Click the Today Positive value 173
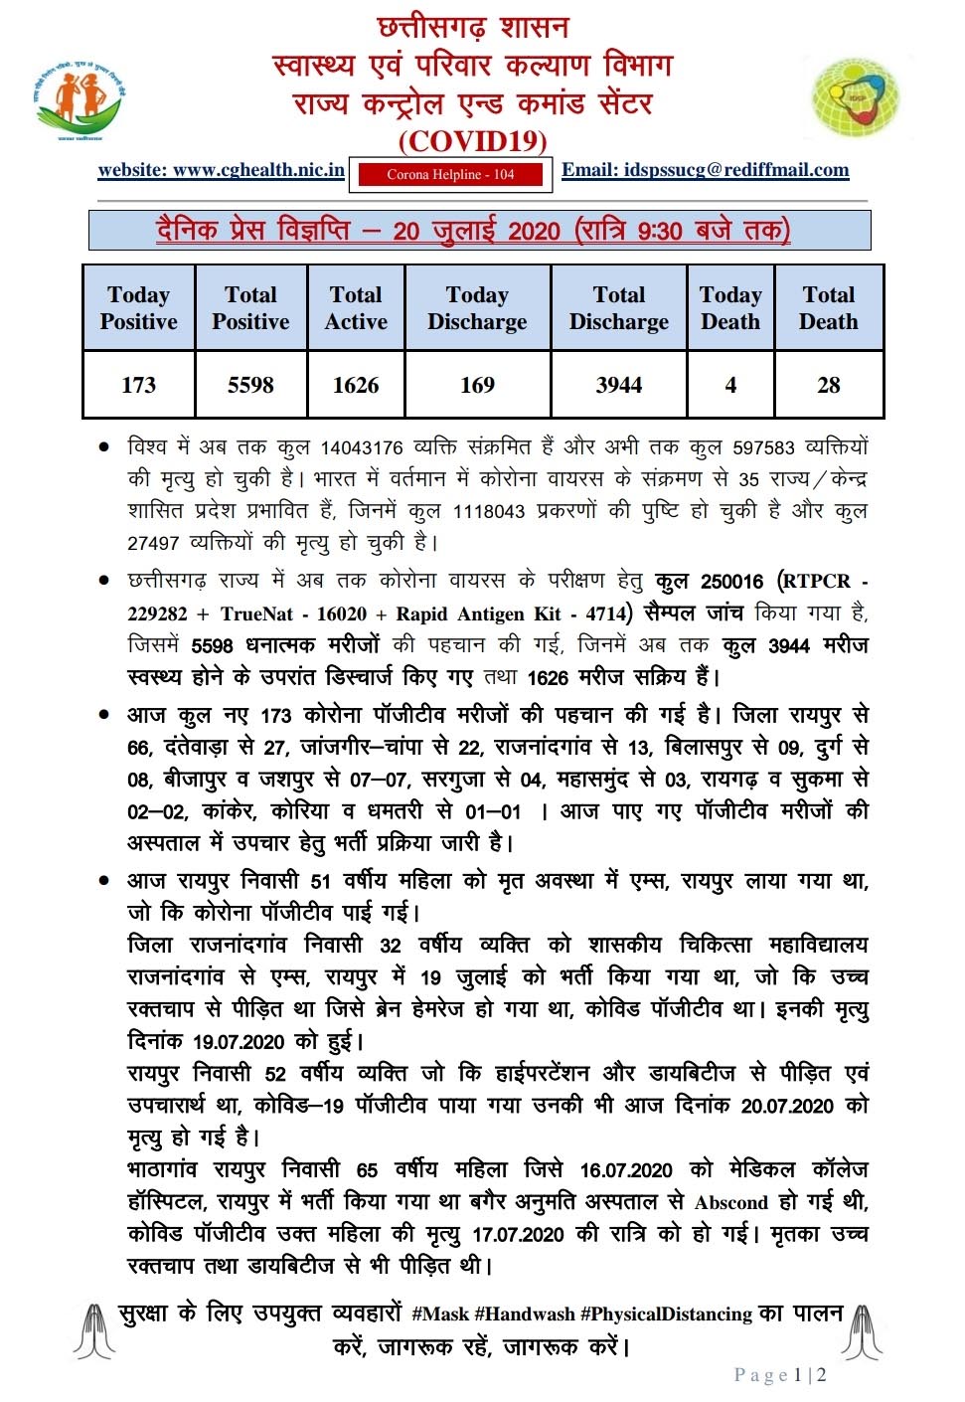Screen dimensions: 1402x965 (138, 385)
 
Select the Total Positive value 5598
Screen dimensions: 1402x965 (250, 385)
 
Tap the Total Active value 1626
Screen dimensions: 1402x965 (356, 385)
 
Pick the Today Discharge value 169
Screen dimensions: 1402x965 (477, 385)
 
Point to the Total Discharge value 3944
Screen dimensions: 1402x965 (618, 385)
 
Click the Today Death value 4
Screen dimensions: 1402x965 (730, 385)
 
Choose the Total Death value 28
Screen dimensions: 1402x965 (829, 385)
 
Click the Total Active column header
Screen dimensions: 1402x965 (356, 308)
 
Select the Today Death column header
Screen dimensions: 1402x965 (730, 308)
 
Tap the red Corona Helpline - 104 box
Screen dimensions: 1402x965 (450, 175)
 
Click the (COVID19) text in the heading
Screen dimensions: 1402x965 (473, 141)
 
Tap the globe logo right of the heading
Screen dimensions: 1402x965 (856, 97)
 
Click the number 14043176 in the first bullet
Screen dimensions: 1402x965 (362, 448)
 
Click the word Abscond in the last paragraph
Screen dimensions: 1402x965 (731, 1203)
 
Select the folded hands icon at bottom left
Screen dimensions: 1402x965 (94, 1330)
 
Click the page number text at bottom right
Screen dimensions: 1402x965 (780, 1375)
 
